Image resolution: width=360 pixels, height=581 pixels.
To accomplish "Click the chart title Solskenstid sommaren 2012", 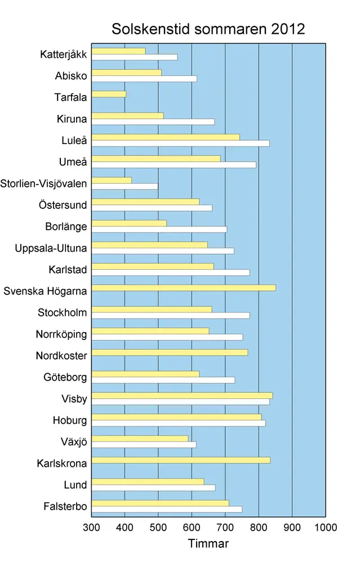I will click(208, 29).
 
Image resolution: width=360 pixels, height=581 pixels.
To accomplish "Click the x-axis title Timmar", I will click(208, 544).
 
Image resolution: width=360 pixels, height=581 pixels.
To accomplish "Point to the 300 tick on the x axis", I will click(91, 528).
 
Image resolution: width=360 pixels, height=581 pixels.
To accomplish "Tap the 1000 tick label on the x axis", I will click(326, 528).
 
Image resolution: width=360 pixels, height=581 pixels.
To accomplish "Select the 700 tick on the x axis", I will click(225, 528).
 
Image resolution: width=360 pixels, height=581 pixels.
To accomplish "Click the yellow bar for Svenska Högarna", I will click(183, 288).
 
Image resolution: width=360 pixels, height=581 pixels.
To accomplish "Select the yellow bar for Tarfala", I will click(109, 94).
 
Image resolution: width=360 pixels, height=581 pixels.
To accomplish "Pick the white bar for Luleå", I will click(180, 143).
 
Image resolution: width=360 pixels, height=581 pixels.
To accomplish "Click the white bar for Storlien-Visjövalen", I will click(125, 186).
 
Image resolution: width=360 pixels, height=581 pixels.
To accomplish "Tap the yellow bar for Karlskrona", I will click(180, 460).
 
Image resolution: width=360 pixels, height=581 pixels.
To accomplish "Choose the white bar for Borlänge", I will click(159, 229).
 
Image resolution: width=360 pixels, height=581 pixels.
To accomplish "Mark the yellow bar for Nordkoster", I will click(169, 352).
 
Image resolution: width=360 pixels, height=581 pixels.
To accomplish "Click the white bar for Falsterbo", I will click(166, 509).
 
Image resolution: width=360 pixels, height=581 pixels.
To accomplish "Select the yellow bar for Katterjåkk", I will click(118, 51).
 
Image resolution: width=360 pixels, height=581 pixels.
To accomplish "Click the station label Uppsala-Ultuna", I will click(51, 248).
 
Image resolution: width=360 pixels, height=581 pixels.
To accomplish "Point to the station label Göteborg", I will click(65, 377).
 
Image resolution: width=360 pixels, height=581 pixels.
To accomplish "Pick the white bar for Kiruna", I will click(153, 122).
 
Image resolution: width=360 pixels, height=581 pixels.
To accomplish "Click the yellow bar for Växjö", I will click(140, 439).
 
